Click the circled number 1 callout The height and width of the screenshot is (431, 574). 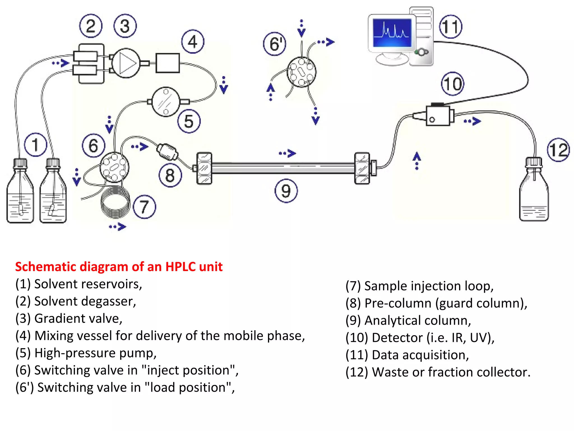(35, 145)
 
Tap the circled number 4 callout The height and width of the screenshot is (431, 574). (193, 42)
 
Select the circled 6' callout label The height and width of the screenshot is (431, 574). (275, 44)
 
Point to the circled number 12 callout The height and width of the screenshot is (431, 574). (558, 150)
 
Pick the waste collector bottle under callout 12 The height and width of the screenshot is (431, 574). (534, 194)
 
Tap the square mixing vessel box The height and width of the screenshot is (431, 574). (168, 63)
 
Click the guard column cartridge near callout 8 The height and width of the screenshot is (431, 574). (167, 152)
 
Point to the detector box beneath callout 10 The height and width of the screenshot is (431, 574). (438, 116)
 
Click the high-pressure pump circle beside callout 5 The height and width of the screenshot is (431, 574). (166, 102)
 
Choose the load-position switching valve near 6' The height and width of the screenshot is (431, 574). (302, 72)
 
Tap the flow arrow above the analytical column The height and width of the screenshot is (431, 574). (288, 153)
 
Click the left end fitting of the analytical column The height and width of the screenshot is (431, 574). (204, 168)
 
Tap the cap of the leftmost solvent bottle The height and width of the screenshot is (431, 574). (20, 163)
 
